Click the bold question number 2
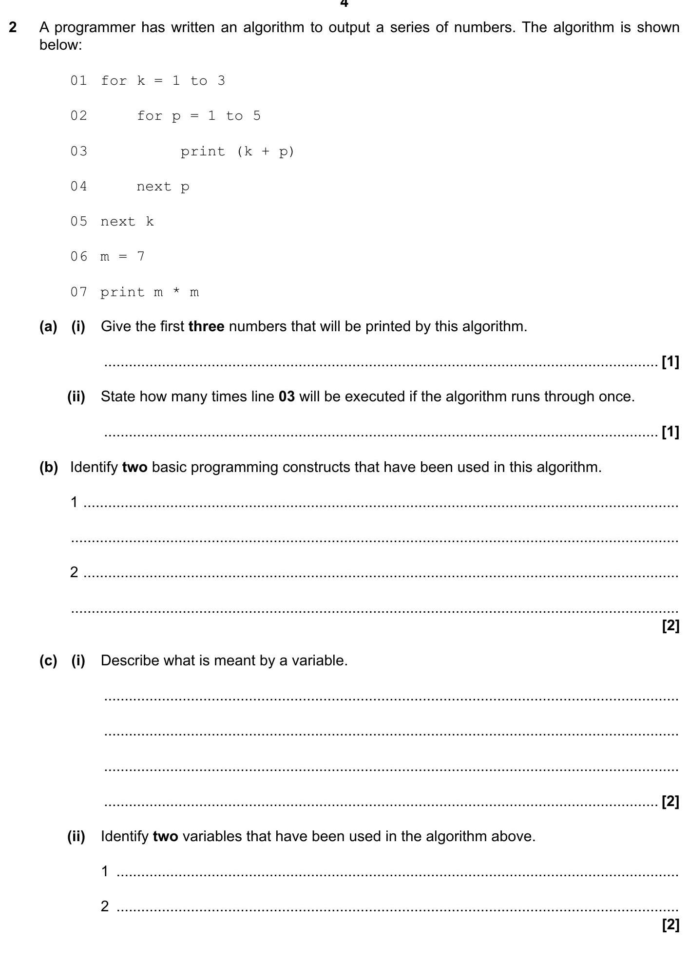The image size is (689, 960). [13, 27]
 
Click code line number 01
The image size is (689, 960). [78, 81]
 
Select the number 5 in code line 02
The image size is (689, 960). [257, 116]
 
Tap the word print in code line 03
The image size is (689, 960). [203, 151]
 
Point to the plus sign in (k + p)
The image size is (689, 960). [265, 151]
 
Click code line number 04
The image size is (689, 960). [78, 187]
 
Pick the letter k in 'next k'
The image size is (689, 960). [150, 222]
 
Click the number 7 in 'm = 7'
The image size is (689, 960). [141, 257]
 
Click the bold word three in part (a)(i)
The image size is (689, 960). [206, 326]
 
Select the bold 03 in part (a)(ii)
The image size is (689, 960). [287, 396]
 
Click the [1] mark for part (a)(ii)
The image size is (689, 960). [670, 432]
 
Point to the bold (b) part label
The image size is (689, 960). [49, 467]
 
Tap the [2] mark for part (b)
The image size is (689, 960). [670, 626]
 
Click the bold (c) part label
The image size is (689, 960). [48, 660]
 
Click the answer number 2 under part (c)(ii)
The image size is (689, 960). [105, 906]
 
